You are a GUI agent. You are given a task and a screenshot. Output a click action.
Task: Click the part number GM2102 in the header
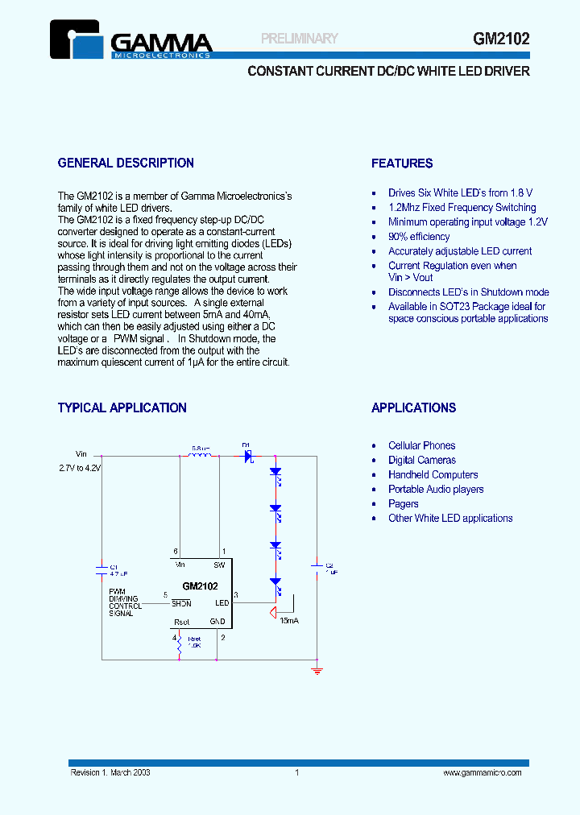point(501,38)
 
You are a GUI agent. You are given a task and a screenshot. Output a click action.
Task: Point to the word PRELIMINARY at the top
point(300,38)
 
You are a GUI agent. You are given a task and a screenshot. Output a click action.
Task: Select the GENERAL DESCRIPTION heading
point(126,163)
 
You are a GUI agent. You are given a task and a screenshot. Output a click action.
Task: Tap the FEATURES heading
point(402,163)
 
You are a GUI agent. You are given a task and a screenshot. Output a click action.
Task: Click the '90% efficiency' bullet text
point(419,237)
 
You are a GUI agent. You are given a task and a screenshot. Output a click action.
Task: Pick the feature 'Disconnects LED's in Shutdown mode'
point(468,292)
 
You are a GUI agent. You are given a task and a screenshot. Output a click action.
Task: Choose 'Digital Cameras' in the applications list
point(421,461)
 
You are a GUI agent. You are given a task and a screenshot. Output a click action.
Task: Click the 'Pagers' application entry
point(403,504)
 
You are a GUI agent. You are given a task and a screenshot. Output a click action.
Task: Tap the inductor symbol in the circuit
point(199,456)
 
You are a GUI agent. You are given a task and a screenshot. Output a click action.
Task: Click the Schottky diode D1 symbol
point(248,456)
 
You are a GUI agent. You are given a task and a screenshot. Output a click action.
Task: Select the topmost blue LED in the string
point(275,472)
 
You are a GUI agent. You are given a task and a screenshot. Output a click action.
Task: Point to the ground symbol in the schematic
point(317,669)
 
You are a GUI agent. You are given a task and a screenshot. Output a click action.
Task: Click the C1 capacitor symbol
point(102,569)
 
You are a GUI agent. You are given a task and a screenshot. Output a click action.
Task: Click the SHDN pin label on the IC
point(181,603)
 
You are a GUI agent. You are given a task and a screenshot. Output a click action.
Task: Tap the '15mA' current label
point(289,622)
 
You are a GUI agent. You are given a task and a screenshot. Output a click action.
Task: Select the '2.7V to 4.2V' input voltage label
point(79,467)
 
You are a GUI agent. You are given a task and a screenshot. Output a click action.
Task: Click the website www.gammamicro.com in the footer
point(483,772)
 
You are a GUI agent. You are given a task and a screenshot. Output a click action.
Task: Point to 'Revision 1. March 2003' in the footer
point(110,772)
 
